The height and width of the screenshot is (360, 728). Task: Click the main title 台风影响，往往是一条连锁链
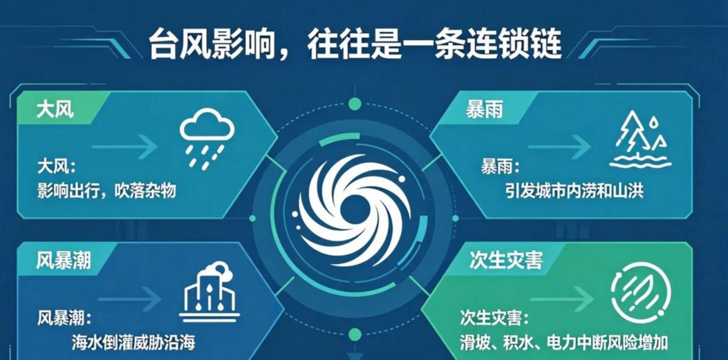tap(355, 44)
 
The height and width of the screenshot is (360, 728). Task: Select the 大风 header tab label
tap(55, 111)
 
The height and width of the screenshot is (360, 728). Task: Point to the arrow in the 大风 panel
tap(124, 147)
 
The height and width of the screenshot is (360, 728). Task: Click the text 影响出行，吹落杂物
tap(106, 189)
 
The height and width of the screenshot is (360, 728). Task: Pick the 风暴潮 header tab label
tap(64, 262)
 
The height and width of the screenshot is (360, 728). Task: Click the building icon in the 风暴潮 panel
tap(209, 292)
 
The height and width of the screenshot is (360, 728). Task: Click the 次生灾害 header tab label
tap(505, 262)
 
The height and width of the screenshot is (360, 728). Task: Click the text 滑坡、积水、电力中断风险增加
tap(564, 343)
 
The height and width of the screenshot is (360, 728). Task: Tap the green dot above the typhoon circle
tap(355, 104)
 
